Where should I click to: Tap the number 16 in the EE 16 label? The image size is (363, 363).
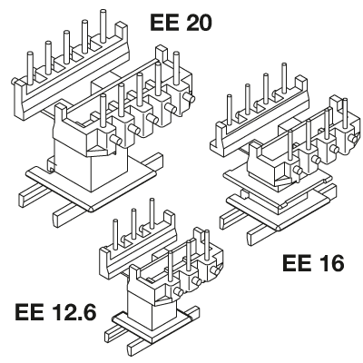(329, 263)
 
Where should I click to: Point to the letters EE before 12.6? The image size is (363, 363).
(29, 312)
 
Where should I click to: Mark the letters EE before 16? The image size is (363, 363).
(297, 263)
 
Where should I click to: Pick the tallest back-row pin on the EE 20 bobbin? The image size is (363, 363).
(103, 25)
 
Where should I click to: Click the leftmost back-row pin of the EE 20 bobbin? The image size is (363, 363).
(30, 68)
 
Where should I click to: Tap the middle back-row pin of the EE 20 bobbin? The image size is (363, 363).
(66, 47)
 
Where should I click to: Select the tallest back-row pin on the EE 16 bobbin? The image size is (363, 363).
(284, 78)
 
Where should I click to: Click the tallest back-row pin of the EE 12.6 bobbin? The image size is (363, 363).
(152, 213)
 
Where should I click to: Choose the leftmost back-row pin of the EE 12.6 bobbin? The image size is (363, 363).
(115, 235)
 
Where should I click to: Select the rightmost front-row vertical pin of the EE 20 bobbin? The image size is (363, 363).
(176, 68)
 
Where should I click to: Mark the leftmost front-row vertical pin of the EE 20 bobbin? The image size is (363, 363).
(103, 111)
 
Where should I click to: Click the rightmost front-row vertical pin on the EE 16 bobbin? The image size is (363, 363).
(346, 113)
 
